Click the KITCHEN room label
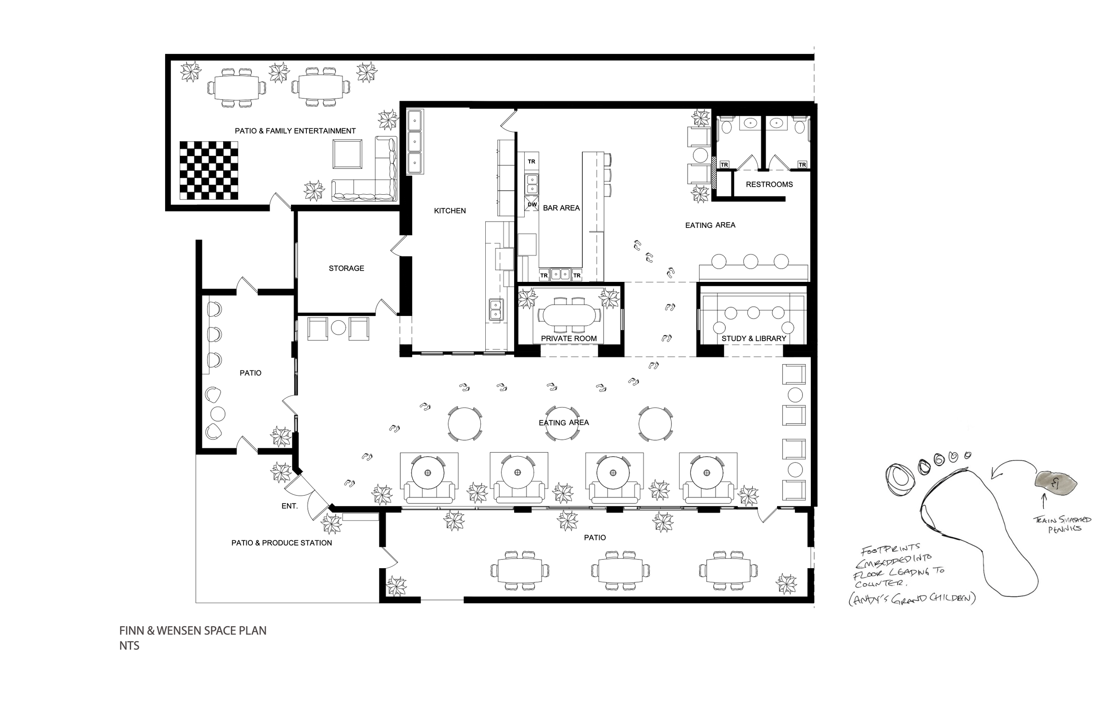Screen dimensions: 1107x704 [x=449, y=211]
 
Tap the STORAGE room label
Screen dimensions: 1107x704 [x=346, y=268]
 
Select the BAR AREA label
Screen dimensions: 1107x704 [x=561, y=208]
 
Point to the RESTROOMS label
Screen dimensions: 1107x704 [x=769, y=184]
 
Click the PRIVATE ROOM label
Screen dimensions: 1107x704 [x=569, y=338]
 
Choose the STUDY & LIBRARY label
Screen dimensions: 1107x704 [x=754, y=338]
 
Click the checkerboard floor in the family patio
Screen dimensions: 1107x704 [x=209, y=170]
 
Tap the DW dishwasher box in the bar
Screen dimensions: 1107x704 [x=532, y=204]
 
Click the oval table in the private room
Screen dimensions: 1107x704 [x=569, y=315]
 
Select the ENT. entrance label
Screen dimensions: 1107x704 [x=290, y=506]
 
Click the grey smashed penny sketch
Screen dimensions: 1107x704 [x=1056, y=481]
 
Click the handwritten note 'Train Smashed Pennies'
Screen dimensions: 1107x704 [x=1062, y=524]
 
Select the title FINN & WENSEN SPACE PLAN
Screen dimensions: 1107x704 [x=193, y=631]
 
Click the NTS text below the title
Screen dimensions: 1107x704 [x=129, y=646]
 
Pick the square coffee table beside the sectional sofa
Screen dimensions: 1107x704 [x=348, y=154]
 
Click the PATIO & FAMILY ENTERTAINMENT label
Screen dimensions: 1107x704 [x=295, y=131]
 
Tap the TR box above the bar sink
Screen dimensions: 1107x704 [x=531, y=162]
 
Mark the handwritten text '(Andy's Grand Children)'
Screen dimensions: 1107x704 [x=912, y=599]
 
